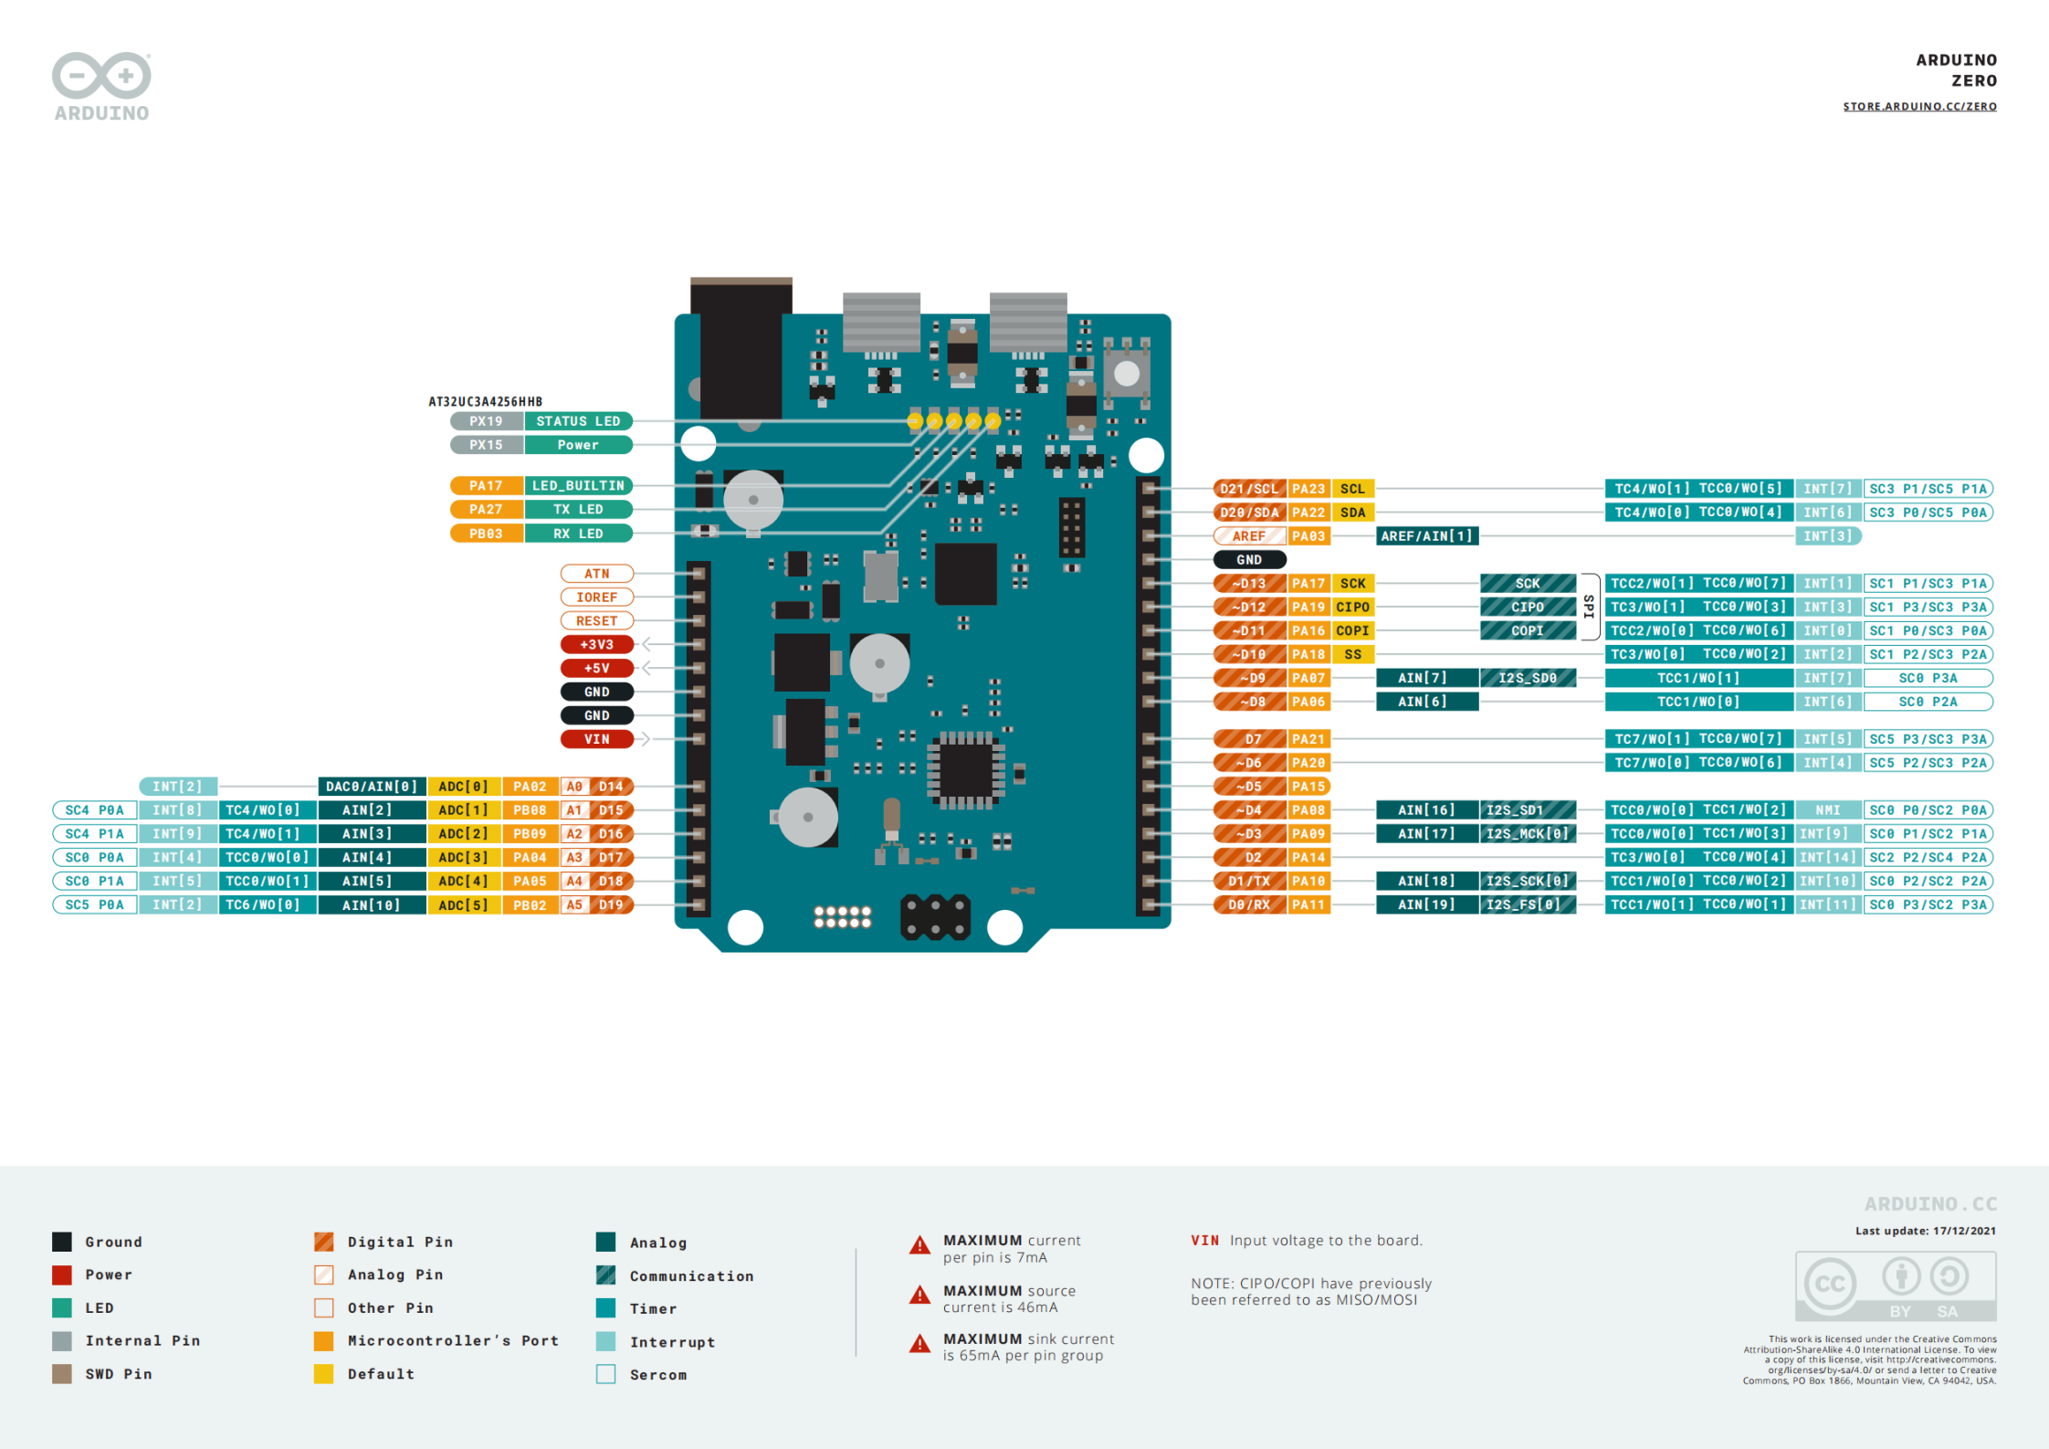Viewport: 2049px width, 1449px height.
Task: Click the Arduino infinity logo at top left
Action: coord(101,75)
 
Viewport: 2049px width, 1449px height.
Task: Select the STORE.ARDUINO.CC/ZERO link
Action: coord(1919,107)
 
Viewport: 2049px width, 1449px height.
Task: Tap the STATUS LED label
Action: coord(578,421)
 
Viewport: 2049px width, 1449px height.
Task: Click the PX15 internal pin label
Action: coord(486,445)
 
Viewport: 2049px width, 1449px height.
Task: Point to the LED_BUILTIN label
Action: coord(578,486)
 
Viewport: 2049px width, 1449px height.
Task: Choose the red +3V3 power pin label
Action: coord(596,645)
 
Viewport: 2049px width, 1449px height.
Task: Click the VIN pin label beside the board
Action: coord(596,739)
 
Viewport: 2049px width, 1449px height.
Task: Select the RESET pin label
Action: coord(596,621)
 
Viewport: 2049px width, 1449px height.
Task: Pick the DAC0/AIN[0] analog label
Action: coord(372,787)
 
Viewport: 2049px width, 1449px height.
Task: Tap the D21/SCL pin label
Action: coord(1248,489)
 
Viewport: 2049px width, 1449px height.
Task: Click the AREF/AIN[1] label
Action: coord(1426,536)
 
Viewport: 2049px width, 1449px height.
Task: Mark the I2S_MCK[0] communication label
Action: coord(1527,834)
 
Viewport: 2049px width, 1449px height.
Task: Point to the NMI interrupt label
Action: coord(1827,810)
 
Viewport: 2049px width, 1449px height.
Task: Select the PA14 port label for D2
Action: coord(1308,858)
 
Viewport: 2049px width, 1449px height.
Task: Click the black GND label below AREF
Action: coord(1248,560)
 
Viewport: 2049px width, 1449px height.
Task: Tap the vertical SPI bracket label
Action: coord(1589,607)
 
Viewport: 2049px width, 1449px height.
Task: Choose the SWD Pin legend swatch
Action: coord(62,1374)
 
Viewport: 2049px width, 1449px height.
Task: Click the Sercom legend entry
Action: coord(657,1375)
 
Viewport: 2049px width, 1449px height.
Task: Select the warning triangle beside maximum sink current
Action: coord(919,1344)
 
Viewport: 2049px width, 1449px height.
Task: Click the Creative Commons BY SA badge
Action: coord(1895,1286)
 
